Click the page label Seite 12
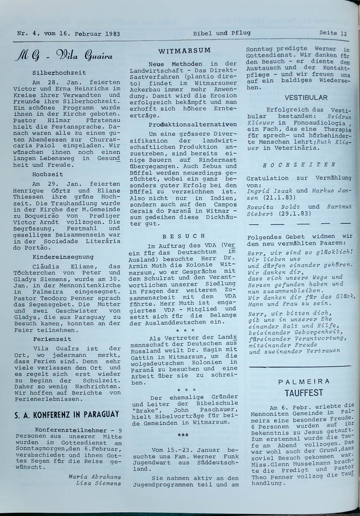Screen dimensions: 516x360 coord(333,33)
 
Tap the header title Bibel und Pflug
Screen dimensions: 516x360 coord(221,33)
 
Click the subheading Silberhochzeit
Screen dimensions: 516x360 coord(59,73)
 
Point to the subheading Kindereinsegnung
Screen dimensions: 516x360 coord(63,257)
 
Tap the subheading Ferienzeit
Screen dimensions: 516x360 coord(52,339)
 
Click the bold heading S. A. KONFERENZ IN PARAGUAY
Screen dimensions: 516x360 coord(66,414)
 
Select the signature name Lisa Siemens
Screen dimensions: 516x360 coord(98,483)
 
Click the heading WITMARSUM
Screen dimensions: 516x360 coord(184,50)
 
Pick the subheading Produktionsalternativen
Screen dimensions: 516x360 coord(193,125)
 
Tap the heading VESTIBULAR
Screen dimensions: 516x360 coord(306,98)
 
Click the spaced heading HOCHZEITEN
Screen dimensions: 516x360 coord(299,165)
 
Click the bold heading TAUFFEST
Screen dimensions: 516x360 coord(304,393)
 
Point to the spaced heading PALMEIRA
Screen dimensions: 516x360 coord(304,381)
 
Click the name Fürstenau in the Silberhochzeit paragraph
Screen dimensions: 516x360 coord(103,120)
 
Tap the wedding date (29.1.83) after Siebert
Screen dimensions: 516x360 coord(295,213)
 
